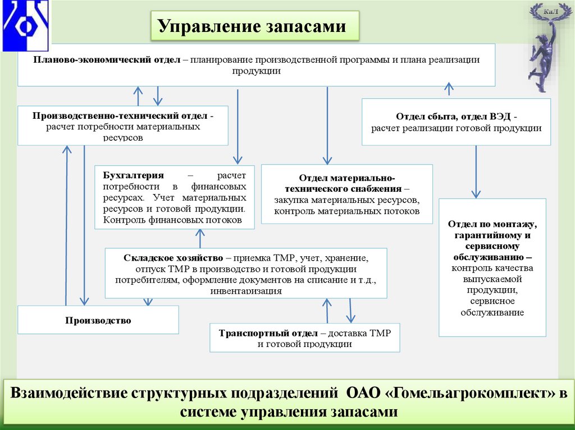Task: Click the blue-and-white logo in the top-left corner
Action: (x=26, y=25)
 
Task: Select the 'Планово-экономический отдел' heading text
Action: (x=107, y=59)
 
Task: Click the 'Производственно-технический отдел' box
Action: (x=122, y=126)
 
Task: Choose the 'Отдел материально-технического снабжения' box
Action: (x=347, y=194)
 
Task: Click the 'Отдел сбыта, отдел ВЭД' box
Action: (x=456, y=122)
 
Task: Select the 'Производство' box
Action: (x=98, y=320)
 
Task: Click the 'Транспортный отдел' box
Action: (x=304, y=337)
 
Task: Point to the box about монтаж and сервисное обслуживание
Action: (x=492, y=268)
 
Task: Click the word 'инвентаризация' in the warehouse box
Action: (x=246, y=292)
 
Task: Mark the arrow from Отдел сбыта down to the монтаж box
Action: (x=476, y=172)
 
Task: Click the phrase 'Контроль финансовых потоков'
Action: (x=169, y=220)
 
